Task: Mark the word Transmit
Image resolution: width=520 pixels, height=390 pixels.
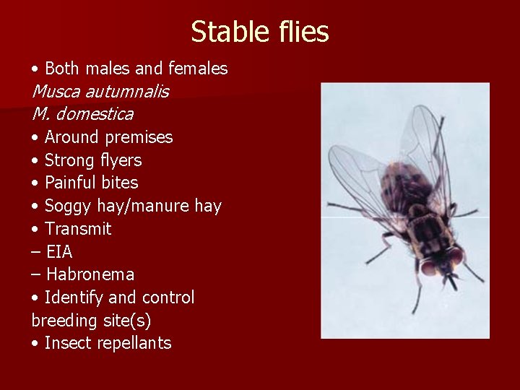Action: [78, 229]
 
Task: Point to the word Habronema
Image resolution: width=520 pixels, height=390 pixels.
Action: [90, 274]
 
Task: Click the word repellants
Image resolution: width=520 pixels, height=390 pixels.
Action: [137, 344]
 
